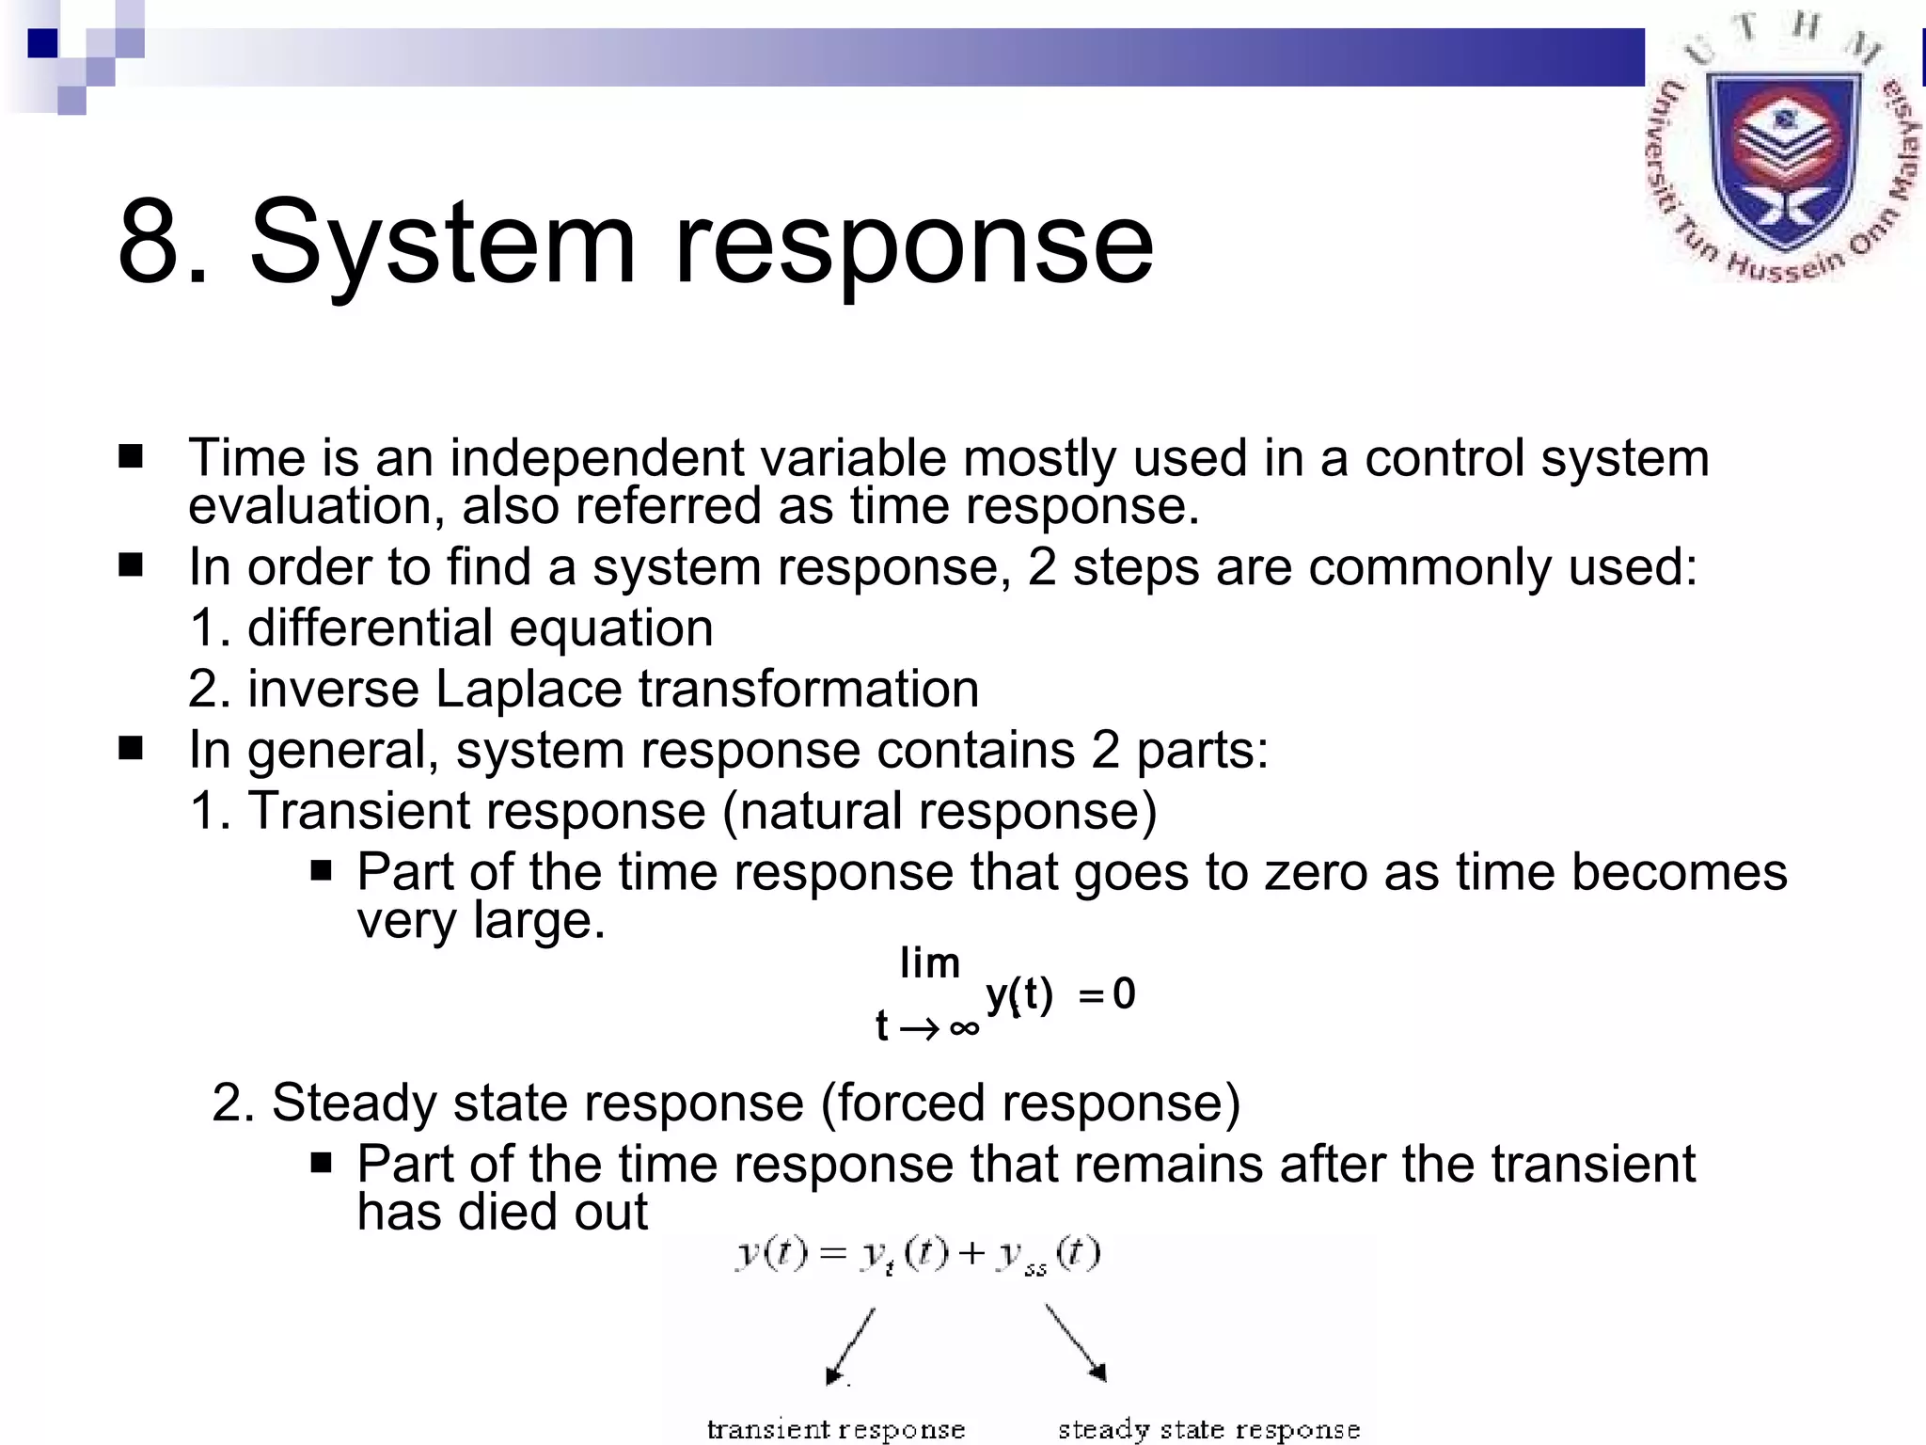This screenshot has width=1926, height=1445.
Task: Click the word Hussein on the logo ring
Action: pyautogui.click(x=1785, y=265)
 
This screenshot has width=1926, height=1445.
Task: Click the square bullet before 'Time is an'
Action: pyautogui.click(x=131, y=457)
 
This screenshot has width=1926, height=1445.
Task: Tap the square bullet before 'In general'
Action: pyautogui.click(x=131, y=749)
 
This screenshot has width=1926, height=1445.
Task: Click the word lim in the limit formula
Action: pyautogui.click(x=929, y=963)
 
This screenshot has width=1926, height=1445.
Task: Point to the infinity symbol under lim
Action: pyautogui.click(x=964, y=1027)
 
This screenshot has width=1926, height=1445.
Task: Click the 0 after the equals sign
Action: pyautogui.click(x=1124, y=994)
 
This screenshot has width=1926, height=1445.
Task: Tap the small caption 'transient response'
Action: pyautogui.click(x=835, y=1430)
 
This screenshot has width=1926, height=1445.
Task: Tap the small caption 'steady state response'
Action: pyautogui.click(x=1208, y=1430)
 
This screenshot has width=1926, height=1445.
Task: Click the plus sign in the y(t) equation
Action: pyautogui.click(x=971, y=1254)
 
